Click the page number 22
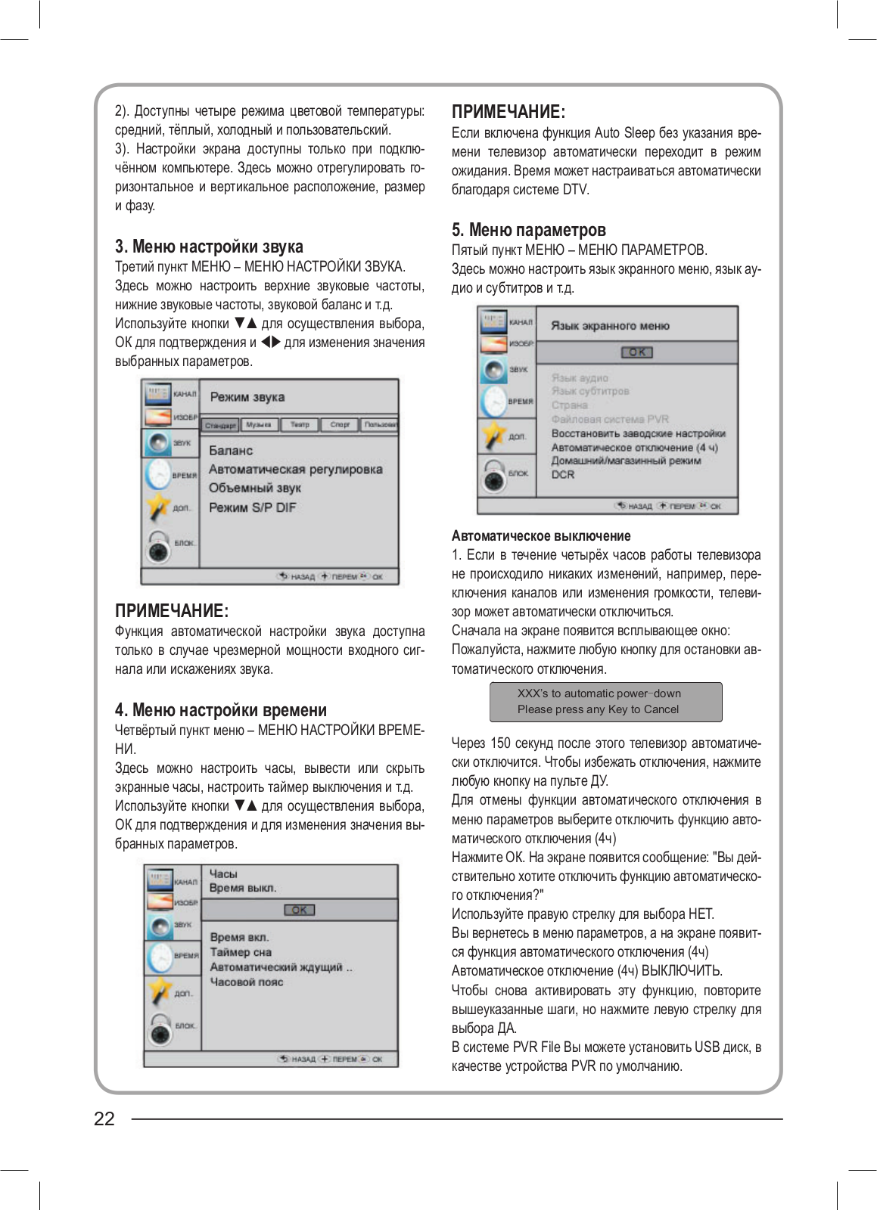coord(104,1118)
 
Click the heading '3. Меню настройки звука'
coord(209,247)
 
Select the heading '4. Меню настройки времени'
coord(220,710)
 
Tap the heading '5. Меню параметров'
coord(528,230)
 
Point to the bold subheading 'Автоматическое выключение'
coord(540,536)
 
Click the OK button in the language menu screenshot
coord(637,352)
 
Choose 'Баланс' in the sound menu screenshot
coord(231,451)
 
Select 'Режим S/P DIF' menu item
coord(253,507)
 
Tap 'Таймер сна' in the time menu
coord(241,953)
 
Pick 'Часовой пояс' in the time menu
coord(246,982)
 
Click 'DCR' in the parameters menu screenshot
coord(563,475)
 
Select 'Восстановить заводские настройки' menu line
coord(638,434)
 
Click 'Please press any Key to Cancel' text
coord(598,709)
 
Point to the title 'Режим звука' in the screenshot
coord(247,397)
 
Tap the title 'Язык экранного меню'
coord(610,326)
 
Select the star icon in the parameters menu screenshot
coord(493,436)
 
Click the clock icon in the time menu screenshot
coord(160,957)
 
